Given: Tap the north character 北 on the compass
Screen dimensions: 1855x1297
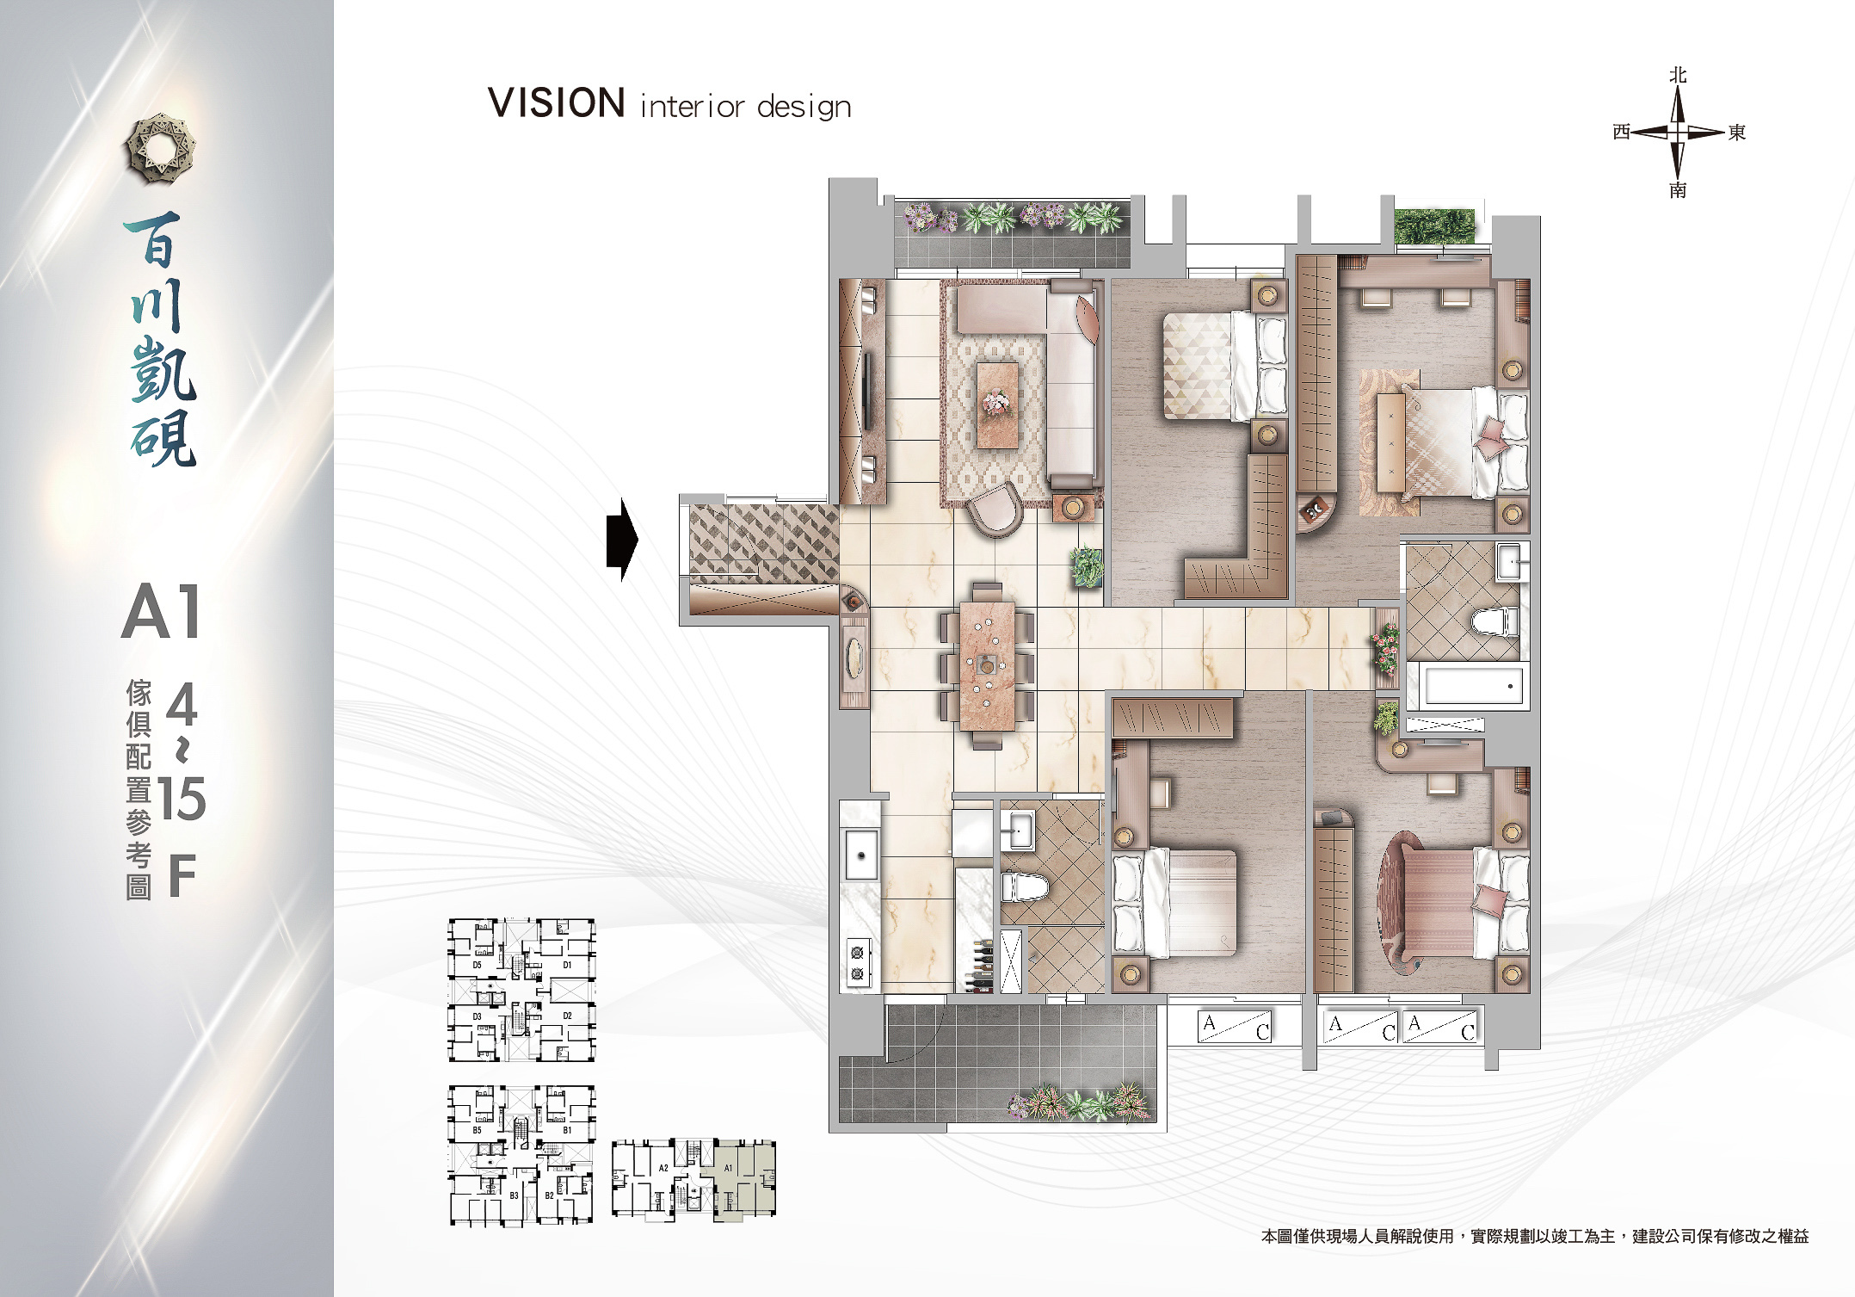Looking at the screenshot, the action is pos(1678,76).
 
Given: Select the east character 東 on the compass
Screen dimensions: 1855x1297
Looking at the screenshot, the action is pos(1737,133).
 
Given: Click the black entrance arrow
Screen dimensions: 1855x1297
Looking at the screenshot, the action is pos(622,540).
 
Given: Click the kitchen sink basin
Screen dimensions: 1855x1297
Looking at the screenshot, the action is pos(861,855).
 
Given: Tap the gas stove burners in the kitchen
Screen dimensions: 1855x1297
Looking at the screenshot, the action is pos(857,962).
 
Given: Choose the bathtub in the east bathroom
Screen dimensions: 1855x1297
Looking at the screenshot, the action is pos(1473,686).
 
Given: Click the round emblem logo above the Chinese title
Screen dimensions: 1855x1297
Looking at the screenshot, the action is pos(160,148).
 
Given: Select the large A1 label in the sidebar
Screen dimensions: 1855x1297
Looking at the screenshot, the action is pos(161,611).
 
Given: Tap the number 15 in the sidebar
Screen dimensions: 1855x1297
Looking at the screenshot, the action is pos(182,799).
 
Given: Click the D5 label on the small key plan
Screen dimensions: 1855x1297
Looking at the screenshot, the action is pos(477,965).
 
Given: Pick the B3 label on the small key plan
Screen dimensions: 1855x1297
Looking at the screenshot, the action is pos(514,1195).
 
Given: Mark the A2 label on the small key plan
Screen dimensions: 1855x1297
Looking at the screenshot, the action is pos(663,1168).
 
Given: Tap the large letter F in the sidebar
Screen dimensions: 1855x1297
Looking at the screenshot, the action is pos(182,876).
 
